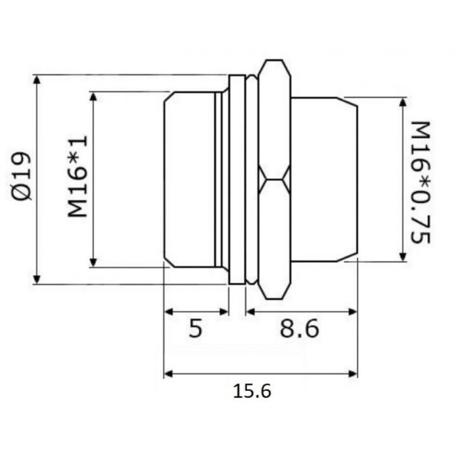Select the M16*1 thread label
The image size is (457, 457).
pyautogui.click(x=77, y=177)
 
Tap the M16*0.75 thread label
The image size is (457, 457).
pyautogui.click(x=421, y=182)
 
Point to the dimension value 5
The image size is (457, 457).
pyautogui.click(x=195, y=329)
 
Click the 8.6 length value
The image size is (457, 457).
pyautogui.click(x=299, y=329)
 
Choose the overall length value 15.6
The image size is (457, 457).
pyautogui.click(x=252, y=391)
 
